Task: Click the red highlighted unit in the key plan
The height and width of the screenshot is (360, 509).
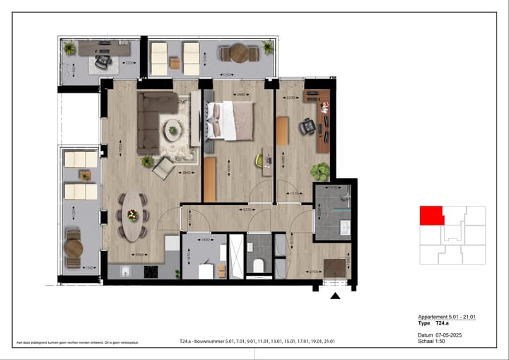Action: point(431,215)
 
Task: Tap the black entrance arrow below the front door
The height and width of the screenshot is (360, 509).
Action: point(336,296)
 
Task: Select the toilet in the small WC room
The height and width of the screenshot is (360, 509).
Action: point(259,265)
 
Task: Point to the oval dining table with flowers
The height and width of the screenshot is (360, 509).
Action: point(131,216)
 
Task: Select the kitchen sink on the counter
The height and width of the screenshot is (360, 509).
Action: point(124,271)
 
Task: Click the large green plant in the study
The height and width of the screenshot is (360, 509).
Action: point(320,170)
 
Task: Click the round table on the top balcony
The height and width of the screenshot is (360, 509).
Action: point(238,53)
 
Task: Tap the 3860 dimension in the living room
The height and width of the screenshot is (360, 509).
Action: point(187,173)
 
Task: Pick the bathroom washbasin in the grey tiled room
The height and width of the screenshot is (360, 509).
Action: point(346,227)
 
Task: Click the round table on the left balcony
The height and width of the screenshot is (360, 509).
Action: point(73,248)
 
